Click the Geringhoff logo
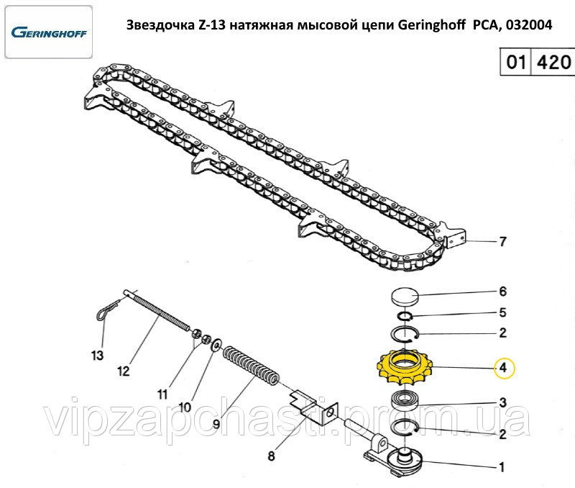[x=48, y=32]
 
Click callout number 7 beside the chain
[x=502, y=242]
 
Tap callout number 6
[x=502, y=292]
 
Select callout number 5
[x=502, y=313]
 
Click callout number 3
[x=502, y=402]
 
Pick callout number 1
[x=502, y=466]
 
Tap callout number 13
[x=97, y=355]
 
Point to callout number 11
[x=162, y=394]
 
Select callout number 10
[x=185, y=407]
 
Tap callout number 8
[x=271, y=455]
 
